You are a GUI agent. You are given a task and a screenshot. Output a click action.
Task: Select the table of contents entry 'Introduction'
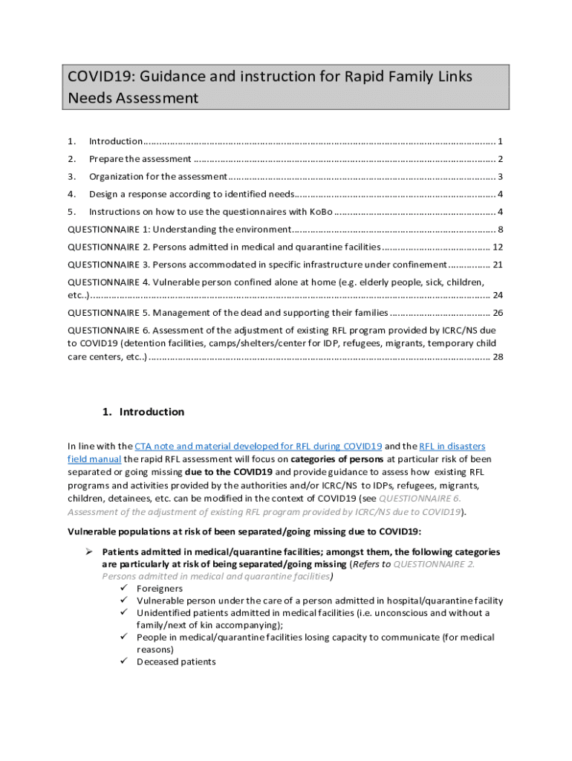point(116,141)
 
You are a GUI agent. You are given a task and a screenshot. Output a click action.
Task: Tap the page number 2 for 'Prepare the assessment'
point(501,159)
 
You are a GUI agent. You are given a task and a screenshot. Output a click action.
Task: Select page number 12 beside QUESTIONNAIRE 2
point(498,247)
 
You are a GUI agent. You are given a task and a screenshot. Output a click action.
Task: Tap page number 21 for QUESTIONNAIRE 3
point(498,265)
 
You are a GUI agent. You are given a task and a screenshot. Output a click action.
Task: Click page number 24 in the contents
point(498,295)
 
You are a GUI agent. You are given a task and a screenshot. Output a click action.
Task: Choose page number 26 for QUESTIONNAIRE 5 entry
point(498,313)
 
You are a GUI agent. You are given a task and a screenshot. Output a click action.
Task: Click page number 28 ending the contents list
point(498,357)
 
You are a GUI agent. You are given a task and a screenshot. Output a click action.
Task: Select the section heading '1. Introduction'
point(142,412)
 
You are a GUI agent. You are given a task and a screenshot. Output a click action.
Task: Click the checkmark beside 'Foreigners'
point(123,589)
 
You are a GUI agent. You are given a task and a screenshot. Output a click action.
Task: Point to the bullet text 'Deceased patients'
point(176,661)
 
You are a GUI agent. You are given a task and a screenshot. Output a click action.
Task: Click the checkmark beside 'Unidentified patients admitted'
point(123,613)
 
